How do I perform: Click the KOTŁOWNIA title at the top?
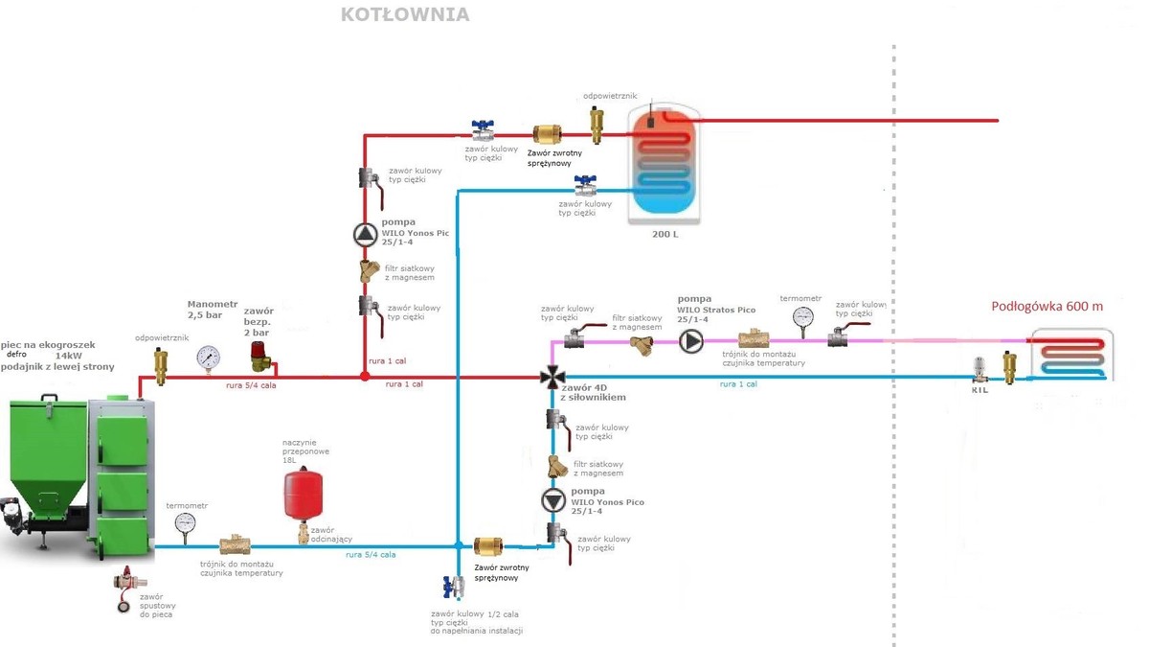coord(405,15)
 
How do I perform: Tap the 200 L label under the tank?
coord(664,233)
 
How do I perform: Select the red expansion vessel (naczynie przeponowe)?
coord(303,492)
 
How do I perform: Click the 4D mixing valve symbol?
coord(552,377)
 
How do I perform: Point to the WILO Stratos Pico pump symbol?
coord(691,340)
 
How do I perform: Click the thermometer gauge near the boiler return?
coord(185,523)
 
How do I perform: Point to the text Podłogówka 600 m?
coord(1047,307)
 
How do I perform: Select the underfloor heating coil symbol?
coord(1072,354)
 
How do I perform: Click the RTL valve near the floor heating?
coord(980,370)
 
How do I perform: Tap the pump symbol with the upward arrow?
coord(365,234)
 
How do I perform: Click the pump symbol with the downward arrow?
coord(552,500)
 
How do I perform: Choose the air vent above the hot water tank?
coord(597,122)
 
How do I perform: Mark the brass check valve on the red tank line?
coord(549,134)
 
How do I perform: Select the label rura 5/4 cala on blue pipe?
coord(371,555)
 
